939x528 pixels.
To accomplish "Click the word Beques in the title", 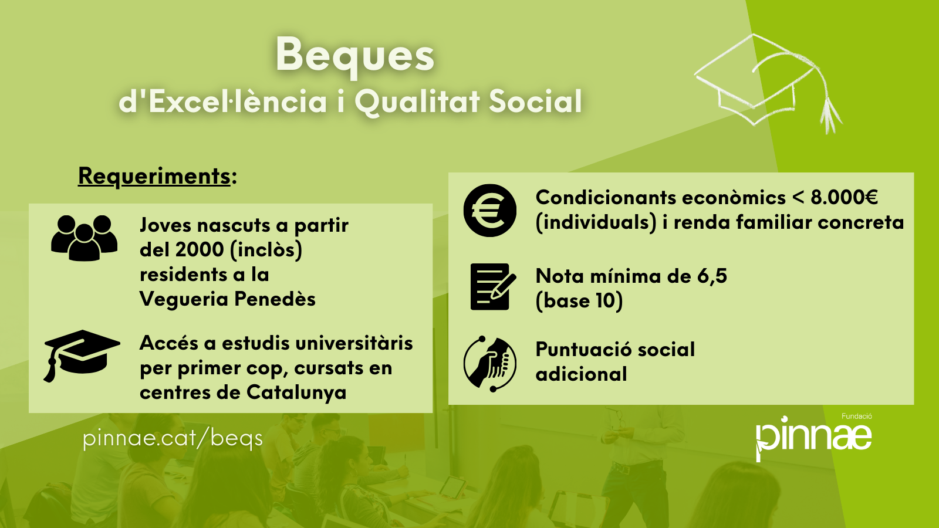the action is point(354,56).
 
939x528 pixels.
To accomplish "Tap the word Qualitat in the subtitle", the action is point(418,102).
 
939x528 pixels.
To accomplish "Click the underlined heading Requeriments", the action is point(154,176).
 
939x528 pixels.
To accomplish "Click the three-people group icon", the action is point(85,238).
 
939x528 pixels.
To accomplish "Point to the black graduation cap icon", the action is point(82,356).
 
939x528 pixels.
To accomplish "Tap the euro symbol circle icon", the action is point(489,211).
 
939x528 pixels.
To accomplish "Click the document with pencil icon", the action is point(493,287).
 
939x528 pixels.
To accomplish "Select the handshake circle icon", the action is point(489,364).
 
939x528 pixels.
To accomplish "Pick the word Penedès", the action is point(275,299).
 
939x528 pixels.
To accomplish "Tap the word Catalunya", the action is point(296,393).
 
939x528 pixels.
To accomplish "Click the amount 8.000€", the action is point(844,197).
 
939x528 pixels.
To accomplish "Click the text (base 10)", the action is point(579,301).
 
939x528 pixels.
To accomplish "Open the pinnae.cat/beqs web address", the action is point(173,439).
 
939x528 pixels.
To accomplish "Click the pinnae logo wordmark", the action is point(813,438).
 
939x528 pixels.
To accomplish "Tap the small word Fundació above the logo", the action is point(857,416).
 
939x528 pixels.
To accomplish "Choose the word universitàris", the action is point(354,343).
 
